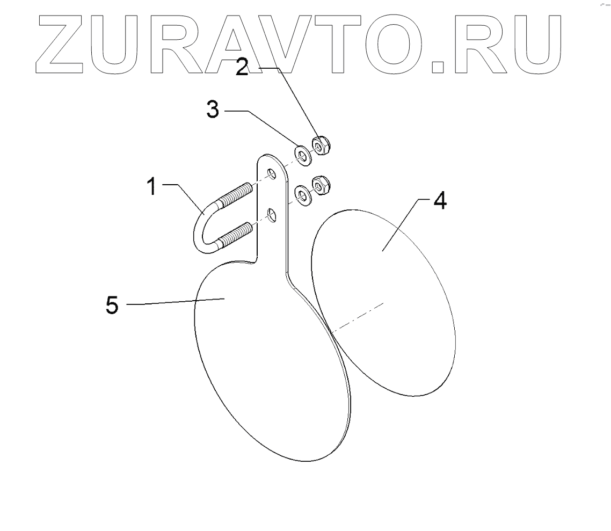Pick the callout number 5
click(112, 305)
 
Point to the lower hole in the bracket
click(273, 216)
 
